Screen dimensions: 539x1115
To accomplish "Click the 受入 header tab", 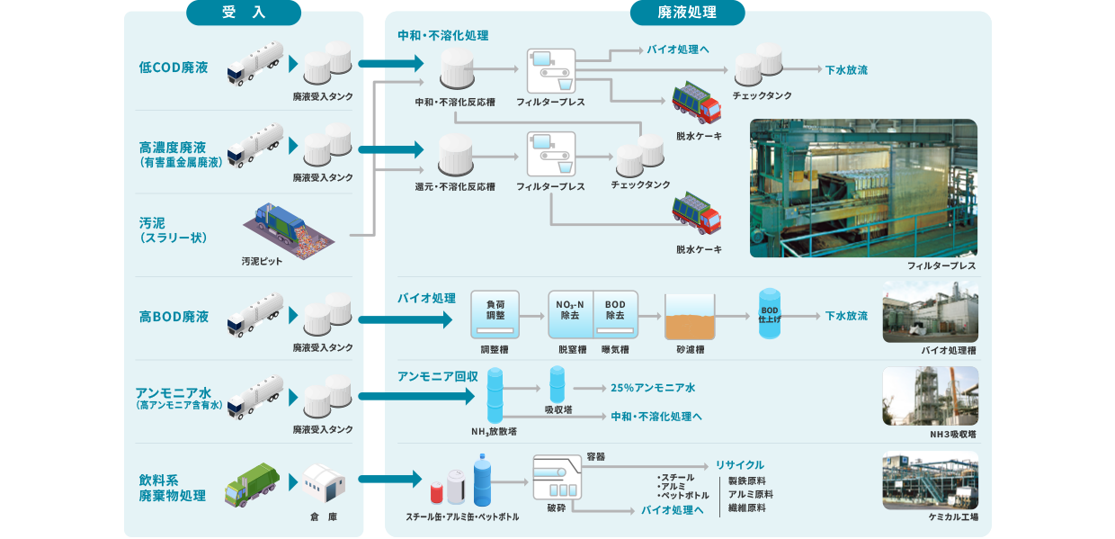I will pyautogui.click(x=244, y=13).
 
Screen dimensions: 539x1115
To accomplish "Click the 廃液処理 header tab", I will pyautogui.click(x=688, y=13).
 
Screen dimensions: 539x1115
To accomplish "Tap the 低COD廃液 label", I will pyautogui.click(x=174, y=67).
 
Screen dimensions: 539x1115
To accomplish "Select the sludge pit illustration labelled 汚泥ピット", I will pyautogui.click(x=290, y=228).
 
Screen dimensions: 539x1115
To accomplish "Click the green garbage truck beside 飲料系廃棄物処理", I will pyautogui.click(x=252, y=486).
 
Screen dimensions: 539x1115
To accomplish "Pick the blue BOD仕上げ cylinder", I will pyautogui.click(x=770, y=314).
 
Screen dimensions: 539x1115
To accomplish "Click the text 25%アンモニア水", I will pyautogui.click(x=653, y=388).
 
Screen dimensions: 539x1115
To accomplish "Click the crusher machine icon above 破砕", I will pyautogui.click(x=557, y=478).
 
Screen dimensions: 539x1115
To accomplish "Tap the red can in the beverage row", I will pyautogui.click(x=437, y=491).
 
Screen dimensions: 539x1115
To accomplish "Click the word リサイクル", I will pyautogui.click(x=740, y=464).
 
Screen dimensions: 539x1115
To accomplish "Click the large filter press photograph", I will pyautogui.click(x=863, y=188).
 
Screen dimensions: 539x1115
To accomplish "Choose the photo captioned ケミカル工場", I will pyautogui.click(x=930, y=481).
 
